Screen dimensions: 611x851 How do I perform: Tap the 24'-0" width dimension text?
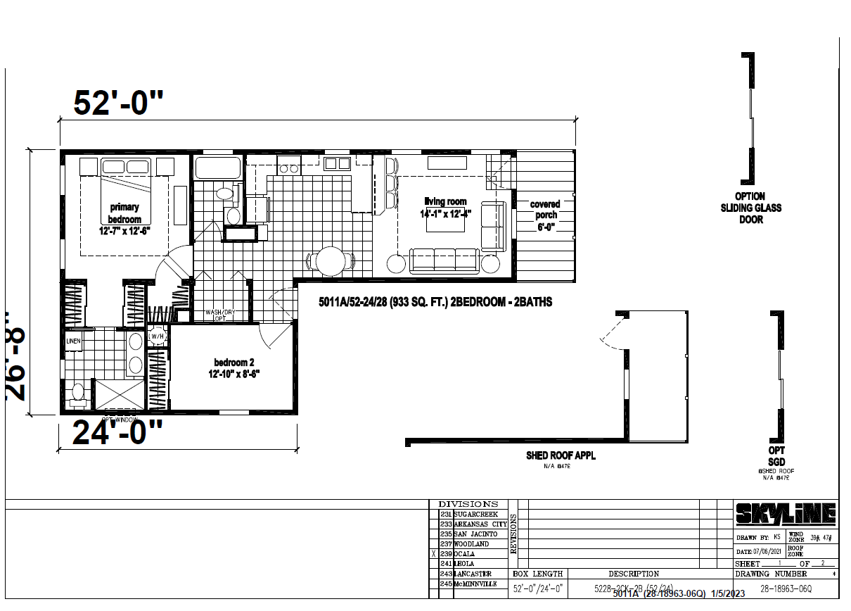point(117,434)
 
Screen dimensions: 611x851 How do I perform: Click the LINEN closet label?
point(74,341)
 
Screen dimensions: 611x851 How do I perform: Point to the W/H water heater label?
point(158,336)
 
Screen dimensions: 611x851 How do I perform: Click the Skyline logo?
point(786,515)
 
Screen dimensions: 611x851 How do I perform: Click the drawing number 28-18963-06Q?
point(785,588)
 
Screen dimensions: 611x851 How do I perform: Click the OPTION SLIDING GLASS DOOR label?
point(750,208)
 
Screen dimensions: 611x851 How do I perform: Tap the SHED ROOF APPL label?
point(561,455)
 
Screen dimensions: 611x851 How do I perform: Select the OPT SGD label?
point(776,455)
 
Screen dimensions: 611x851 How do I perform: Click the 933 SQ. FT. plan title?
point(435,301)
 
